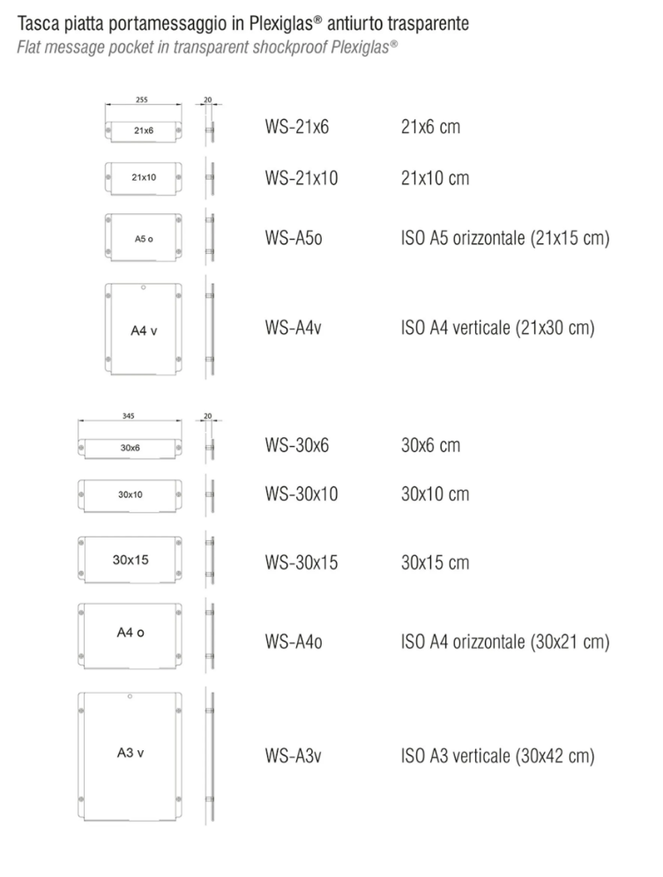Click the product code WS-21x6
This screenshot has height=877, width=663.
click(296, 127)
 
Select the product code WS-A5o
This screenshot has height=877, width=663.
click(294, 238)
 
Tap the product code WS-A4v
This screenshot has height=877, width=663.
click(294, 327)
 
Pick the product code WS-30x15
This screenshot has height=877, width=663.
click(301, 562)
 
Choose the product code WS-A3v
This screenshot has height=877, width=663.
click(294, 755)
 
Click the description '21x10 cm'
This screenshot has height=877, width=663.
click(435, 178)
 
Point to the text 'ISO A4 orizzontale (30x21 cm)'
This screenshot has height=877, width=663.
click(504, 642)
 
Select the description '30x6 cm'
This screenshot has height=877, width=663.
click(430, 446)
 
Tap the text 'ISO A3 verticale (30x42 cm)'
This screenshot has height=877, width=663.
click(497, 756)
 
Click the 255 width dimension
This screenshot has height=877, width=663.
click(142, 100)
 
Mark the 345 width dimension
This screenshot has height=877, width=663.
click(128, 416)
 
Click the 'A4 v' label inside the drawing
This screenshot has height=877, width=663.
click(144, 331)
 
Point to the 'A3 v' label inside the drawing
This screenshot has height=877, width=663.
click(130, 753)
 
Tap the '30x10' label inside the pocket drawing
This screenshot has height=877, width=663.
click(130, 494)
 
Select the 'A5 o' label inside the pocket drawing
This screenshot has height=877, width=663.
click(144, 239)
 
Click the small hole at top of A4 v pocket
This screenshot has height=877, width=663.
click(143, 287)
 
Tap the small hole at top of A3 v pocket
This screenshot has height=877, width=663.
click(130, 696)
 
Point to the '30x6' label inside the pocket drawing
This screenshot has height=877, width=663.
click(130, 448)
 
